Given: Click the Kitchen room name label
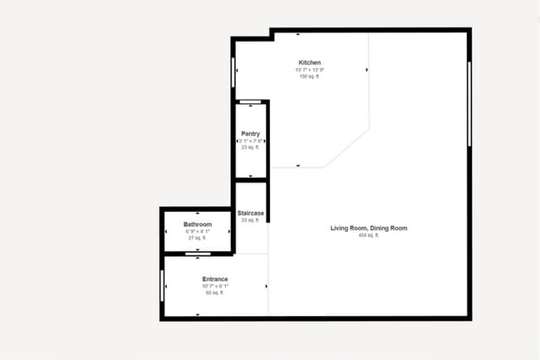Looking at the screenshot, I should pos(310,62).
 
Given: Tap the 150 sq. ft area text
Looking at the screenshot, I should pos(309,76).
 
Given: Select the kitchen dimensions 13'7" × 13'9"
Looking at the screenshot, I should pos(309,70).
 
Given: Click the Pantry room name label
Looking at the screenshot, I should pos(251,134).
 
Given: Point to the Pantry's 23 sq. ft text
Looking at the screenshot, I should pos(251,147).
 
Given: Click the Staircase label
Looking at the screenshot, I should pos(251,214).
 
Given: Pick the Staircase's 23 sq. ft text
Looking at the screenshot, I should pos(251,220).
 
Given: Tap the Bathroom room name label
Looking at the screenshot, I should pos(198,224).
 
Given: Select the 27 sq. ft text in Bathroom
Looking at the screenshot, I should pos(198,238).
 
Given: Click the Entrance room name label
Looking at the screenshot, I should pos(215,279).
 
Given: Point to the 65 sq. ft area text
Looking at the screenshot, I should pos(215,293).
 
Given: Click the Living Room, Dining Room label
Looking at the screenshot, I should pos(368,228).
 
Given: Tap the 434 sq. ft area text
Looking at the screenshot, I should pos(368,235).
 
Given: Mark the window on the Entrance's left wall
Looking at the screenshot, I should pos(162,285).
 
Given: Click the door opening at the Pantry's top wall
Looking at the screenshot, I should pos(250,101).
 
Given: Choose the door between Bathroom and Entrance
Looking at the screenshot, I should pos(198,253).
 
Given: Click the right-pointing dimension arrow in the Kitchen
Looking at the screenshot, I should pos(366,70).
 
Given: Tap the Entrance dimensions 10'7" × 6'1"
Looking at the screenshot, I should pos(215,286).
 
